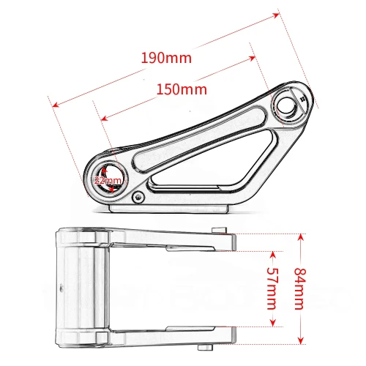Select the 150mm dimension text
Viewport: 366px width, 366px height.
pyautogui.click(x=181, y=89)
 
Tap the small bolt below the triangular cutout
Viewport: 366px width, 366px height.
pyautogui.click(x=138, y=196)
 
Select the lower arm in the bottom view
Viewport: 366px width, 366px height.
pyautogui.click(x=161, y=336)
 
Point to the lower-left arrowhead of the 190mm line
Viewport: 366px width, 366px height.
pyautogui.click(x=53, y=104)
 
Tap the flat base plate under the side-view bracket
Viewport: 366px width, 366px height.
pyautogui.click(x=172, y=208)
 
